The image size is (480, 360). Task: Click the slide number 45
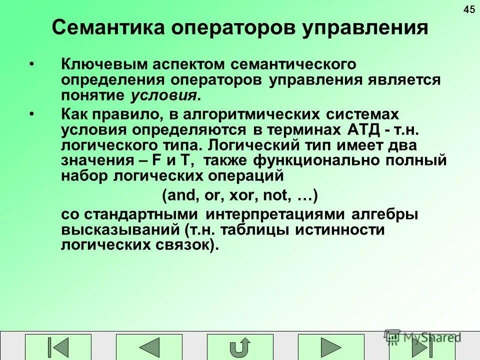[x=469, y=9]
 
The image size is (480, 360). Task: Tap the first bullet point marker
[x=32, y=64]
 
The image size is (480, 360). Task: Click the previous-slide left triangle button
[x=149, y=347]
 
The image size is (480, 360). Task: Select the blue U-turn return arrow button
[x=240, y=347]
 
